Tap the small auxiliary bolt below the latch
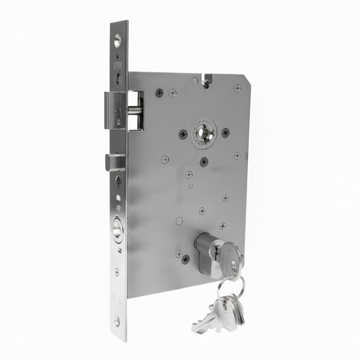tap(114, 162)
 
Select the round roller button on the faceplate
tap(118, 231)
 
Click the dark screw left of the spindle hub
tap(182, 134)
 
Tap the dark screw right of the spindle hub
tap(225, 132)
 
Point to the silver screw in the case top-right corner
tap(236, 88)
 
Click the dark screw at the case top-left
tap(159, 93)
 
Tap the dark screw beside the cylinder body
tap(185, 258)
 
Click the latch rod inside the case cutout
tap(135, 106)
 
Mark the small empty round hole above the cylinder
tap(179, 220)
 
